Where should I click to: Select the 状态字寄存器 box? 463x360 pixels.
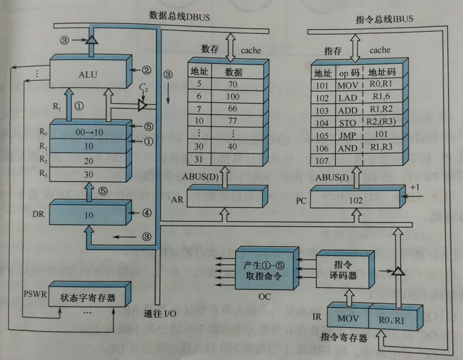tap(87, 298)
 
